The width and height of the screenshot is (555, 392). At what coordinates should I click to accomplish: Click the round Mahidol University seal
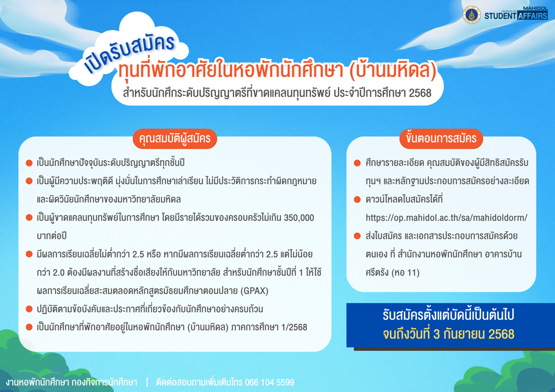pyautogui.click(x=471, y=15)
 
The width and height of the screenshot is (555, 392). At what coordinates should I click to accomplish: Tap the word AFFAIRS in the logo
pyautogui.click(x=532, y=16)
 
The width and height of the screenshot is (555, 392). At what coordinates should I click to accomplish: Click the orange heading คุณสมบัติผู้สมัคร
pyautogui.click(x=175, y=139)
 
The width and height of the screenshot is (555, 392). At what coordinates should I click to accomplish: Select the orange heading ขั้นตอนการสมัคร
pyautogui.click(x=441, y=139)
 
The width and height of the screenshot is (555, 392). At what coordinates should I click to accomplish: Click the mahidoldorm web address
pyautogui.click(x=446, y=218)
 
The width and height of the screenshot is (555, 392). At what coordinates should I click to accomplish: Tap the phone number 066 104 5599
pyautogui.click(x=269, y=383)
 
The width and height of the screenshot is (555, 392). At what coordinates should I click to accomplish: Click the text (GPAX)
pyautogui.click(x=254, y=291)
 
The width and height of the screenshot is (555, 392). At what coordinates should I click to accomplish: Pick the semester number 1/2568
pyautogui.click(x=294, y=327)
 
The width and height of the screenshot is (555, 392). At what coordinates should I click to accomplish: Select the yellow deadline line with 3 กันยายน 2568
pyautogui.click(x=448, y=334)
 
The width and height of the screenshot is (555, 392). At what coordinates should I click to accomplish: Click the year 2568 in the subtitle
pyautogui.click(x=420, y=93)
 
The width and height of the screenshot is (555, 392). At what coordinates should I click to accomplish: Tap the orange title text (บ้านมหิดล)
pyautogui.click(x=393, y=70)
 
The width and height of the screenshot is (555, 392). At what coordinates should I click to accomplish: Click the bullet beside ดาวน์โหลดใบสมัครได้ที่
pyautogui.click(x=357, y=200)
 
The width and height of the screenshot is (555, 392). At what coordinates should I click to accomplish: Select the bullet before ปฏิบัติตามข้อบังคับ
pyautogui.click(x=29, y=309)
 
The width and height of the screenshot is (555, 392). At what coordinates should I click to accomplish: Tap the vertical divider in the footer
pyautogui.click(x=147, y=382)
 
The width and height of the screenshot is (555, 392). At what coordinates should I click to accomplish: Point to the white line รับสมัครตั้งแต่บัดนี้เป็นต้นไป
pyautogui.click(x=448, y=315)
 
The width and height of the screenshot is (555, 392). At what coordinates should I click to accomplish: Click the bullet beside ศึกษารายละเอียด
pyautogui.click(x=357, y=163)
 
